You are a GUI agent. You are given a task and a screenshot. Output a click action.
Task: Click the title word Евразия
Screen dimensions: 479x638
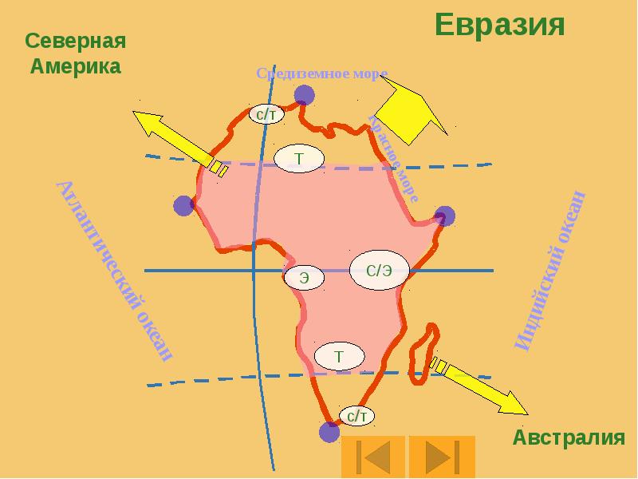pyautogui.click(x=500, y=25)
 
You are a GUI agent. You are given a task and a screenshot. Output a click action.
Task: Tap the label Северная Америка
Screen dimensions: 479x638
pyautogui.click(x=76, y=53)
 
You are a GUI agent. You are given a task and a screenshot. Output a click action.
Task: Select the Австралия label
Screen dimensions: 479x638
pyautogui.click(x=568, y=437)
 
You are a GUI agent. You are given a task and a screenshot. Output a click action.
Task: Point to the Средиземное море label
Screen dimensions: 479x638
pyautogui.click(x=321, y=73)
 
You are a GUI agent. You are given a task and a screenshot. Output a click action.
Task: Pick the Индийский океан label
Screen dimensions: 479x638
pyautogui.click(x=552, y=271)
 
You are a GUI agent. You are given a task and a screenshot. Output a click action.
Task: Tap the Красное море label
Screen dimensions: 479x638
pyautogui.click(x=393, y=157)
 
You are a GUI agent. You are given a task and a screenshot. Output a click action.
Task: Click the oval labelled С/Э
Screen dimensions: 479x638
pyautogui.click(x=379, y=271)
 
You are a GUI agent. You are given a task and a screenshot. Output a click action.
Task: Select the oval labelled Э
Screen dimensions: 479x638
pyautogui.click(x=305, y=278)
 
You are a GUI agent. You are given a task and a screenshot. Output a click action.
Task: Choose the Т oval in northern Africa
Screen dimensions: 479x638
pyautogui.click(x=299, y=158)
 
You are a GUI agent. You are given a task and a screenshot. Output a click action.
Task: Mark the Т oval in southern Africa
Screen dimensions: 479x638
pyautogui.click(x=339, y=356)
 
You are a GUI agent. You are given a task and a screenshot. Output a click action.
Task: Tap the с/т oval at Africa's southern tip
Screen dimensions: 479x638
pyautogui.click(x=356, y=415)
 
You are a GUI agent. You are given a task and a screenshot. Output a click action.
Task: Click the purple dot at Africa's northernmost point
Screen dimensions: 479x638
pyautogui.click(x=304, y=96)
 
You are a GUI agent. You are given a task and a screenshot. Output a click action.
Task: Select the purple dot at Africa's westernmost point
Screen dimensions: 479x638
pyautogui.click(x=184, y=206)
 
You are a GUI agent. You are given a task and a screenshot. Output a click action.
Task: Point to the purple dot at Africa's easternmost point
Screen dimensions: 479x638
pyautogui.click(x=444, y=216)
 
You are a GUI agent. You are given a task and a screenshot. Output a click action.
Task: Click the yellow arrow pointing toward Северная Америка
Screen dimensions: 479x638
pyautogui.click(x=175, y=141)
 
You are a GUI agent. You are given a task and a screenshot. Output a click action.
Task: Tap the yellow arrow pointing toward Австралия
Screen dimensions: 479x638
pyautogui.click(x=480, y=387)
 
